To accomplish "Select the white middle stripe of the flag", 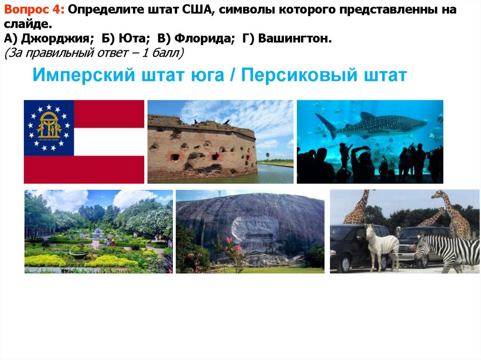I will tap(109, 141).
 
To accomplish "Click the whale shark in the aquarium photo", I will tap(376, 125).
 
